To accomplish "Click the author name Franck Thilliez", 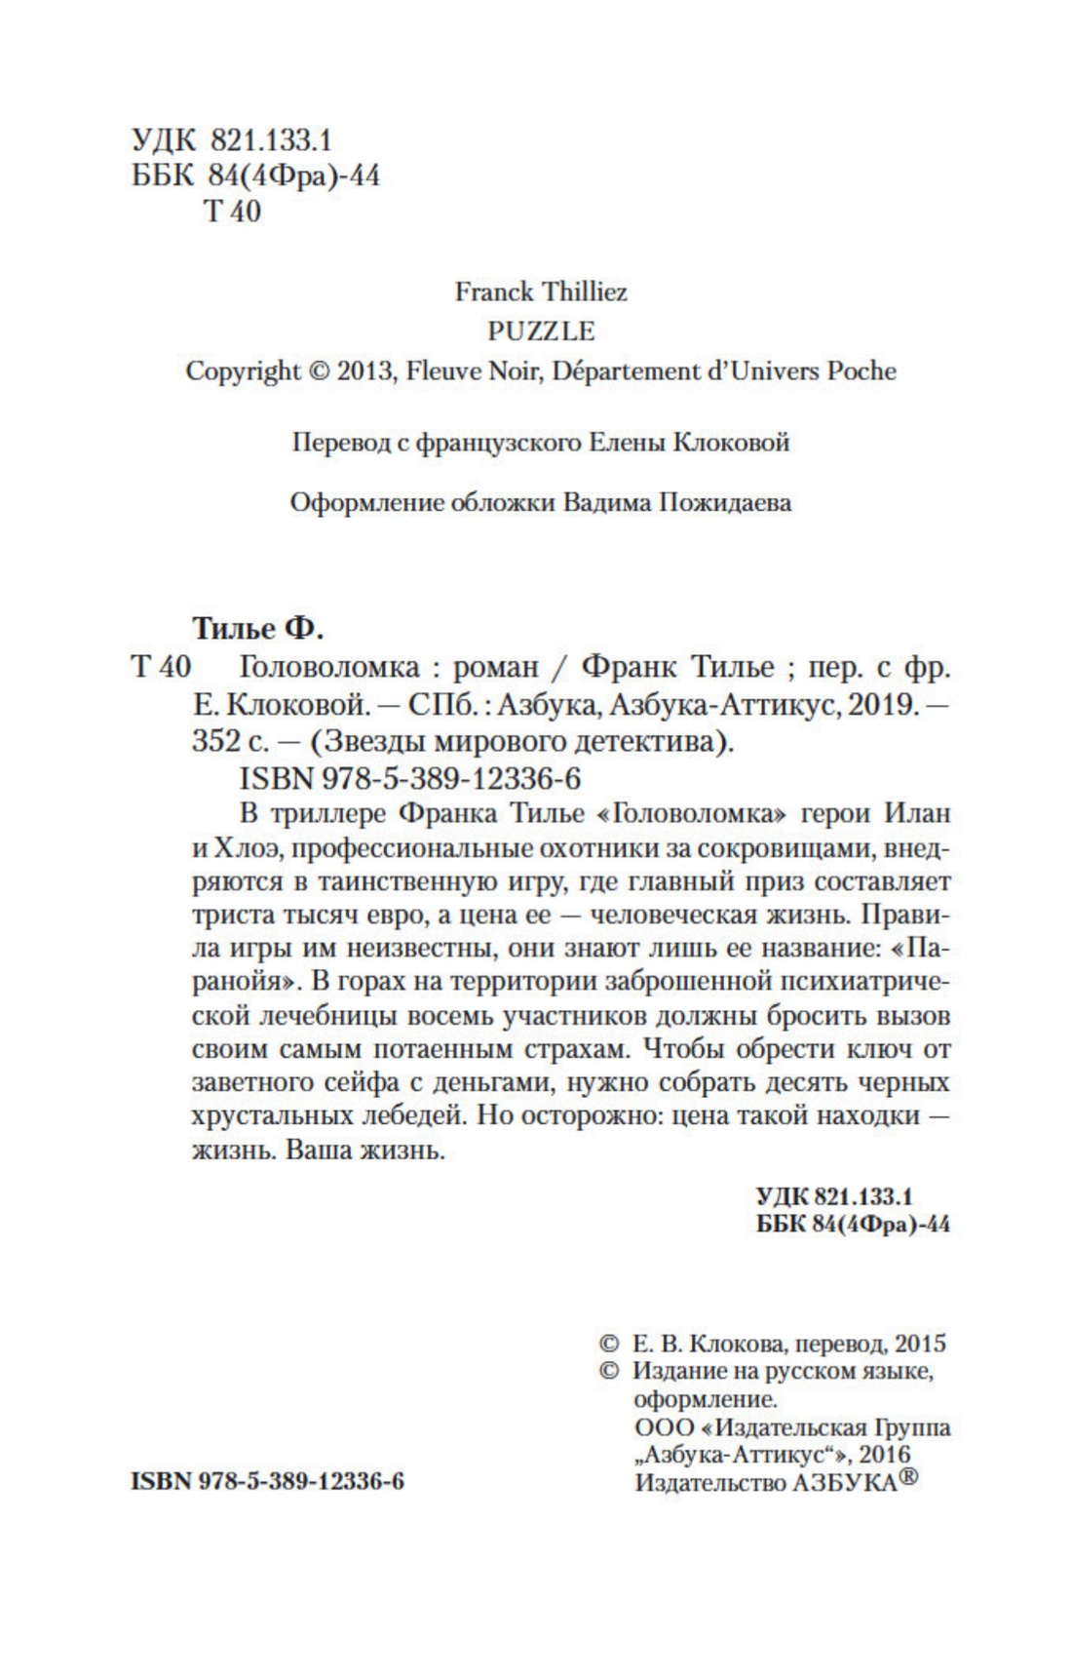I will click(541, 292).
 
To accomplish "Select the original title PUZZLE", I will click(541, 332).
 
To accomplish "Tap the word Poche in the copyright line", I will click(861, 371).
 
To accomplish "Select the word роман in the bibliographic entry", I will click(496, 667).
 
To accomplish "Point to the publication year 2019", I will click(885, 704).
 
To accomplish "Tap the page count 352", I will click(215, 742).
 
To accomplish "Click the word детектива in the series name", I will click(659, 742).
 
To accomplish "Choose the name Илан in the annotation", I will click(916, 812).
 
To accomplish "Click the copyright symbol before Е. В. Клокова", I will click(607, 1344).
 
